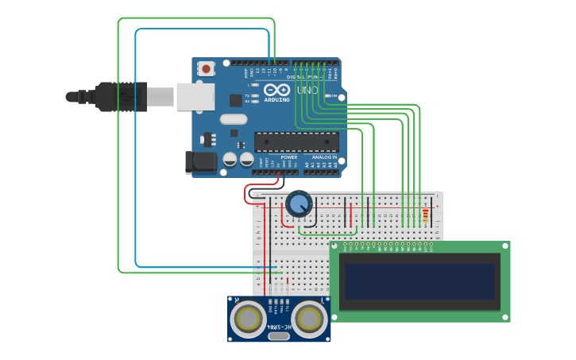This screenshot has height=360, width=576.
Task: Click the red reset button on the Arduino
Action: (207, 69)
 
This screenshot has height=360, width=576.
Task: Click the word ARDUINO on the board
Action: (277, 101)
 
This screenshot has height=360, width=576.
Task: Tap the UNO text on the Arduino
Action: (307, 91)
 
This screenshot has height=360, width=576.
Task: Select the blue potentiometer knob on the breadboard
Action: (299, 204)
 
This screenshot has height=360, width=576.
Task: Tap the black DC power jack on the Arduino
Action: (200, 161)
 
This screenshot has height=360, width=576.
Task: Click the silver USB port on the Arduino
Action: (195, 97)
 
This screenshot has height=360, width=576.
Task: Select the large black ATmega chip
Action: (296, 142)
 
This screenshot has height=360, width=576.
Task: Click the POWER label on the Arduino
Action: (288, 157)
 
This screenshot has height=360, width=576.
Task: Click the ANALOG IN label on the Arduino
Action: (324, 157)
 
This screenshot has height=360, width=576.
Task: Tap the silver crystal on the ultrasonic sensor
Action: (279, 336)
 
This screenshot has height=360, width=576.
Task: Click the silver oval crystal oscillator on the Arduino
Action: (234, 120)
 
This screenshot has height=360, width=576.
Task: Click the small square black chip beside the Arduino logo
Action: (236, 100)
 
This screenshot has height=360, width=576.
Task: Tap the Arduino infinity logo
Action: (277, 90)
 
